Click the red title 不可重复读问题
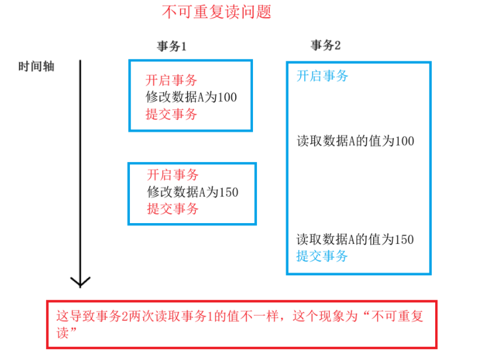216,12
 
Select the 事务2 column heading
325,46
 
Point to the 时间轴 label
36,66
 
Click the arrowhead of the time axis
80,282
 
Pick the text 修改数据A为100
191,97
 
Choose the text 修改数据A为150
193,192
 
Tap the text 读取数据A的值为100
355,141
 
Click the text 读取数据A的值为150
355,239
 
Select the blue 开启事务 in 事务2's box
322,76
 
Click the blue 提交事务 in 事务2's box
322,256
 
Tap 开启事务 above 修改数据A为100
171,81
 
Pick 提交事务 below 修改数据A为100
171,114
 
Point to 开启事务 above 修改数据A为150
172,175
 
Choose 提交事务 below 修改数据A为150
172,209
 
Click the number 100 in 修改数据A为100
227,97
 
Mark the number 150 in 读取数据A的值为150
404,239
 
